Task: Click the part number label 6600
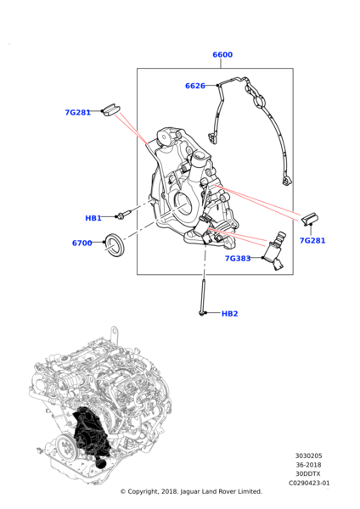tap(222, 55)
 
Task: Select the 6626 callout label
tap(195, 86)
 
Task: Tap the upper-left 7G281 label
tap(78, 112)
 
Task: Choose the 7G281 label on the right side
tap(312, 241)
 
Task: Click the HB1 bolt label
tap(93, 218)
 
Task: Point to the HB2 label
tap(229, 314)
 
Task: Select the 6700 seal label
tap(82, 243)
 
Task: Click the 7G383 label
tap(238, 259)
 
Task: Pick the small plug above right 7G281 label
tap(309, 219)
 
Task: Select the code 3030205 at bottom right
tap(308, 456)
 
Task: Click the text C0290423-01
tap(308, 483)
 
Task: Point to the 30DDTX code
tap(308, 473)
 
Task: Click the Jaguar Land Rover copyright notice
tap(191, 491)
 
